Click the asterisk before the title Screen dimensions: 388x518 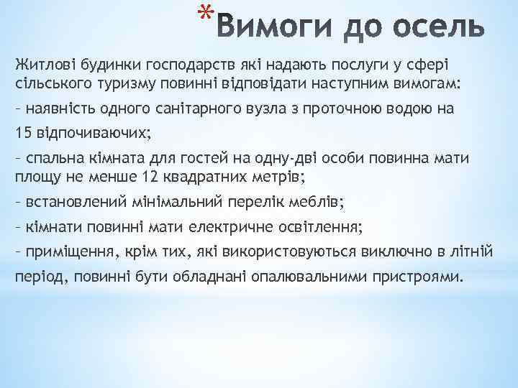(206, 14)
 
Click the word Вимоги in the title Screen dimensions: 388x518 (270, 28)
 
